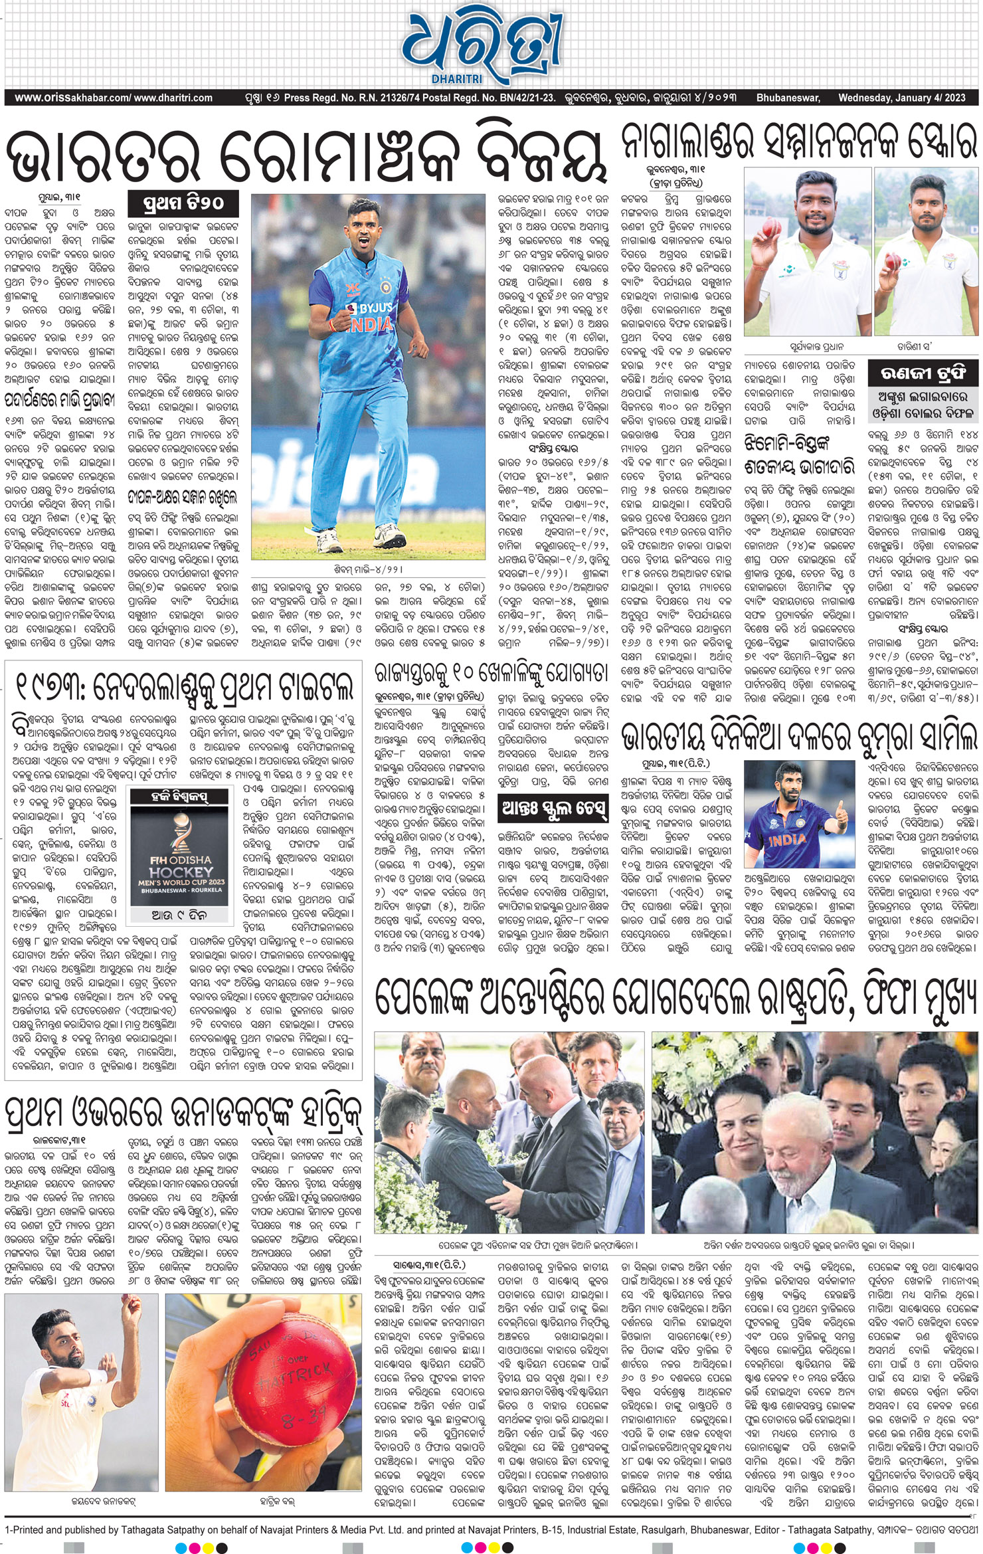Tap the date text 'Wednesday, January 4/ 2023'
tap(901, 98)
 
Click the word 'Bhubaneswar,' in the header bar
tap(788, 98)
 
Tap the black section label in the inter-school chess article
tap(553, 808)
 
